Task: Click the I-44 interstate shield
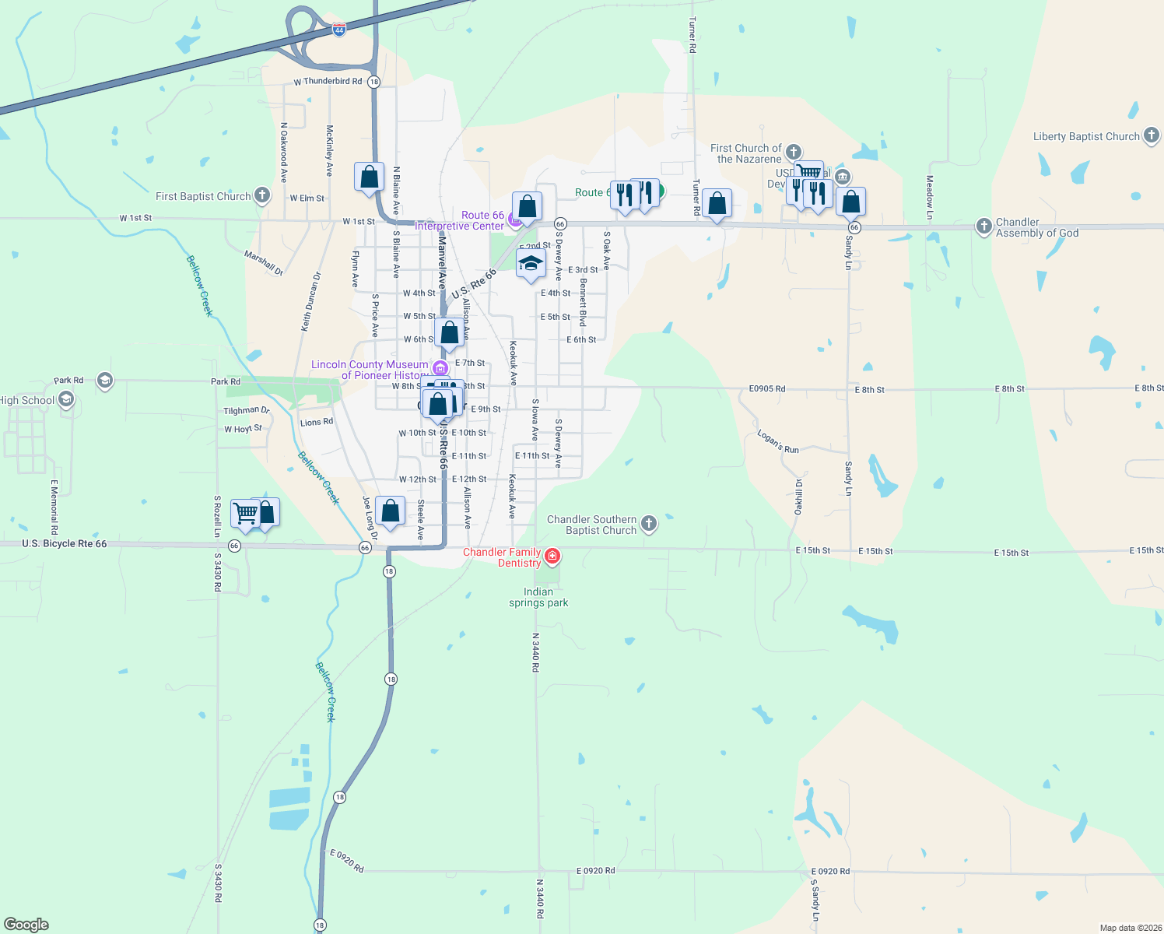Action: click(x=339, y=29)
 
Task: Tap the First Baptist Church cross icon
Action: click(x=263, y=195)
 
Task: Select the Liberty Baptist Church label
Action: click(x=1086, y=136)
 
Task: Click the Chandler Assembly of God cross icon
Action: click(x=984, y=226)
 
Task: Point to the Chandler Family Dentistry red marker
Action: click(x=552, y=556)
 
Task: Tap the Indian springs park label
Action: click(x=538, y=598)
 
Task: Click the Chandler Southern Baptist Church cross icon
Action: click(x=648, y=524)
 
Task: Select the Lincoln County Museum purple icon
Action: click(x=440, y=368)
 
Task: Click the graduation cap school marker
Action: click(x=531, y=264)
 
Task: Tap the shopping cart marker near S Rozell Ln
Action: click(x=245, y=513)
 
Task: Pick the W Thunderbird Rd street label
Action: click(x=328, y=81)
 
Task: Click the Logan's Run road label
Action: click(x=778, y=442)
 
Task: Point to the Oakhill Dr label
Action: click(x=798, y=497)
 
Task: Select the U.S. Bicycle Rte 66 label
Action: click(x=65, y=544)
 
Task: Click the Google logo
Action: click(x=26, y=925)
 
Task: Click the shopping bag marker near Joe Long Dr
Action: click(x=391, y=511)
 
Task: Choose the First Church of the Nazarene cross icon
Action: click(x=794, y=152)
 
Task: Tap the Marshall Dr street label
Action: click(x=264, y=262)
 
